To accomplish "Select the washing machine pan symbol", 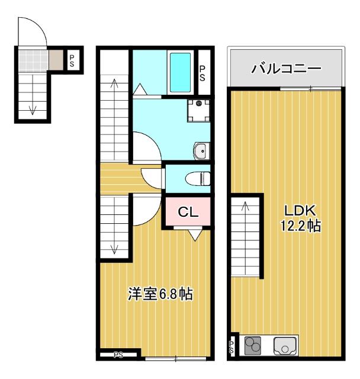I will [197, 110].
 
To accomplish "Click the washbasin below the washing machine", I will [201, 151].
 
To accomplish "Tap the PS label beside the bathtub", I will [202, 72].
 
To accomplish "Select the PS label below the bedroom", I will [118, 355].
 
